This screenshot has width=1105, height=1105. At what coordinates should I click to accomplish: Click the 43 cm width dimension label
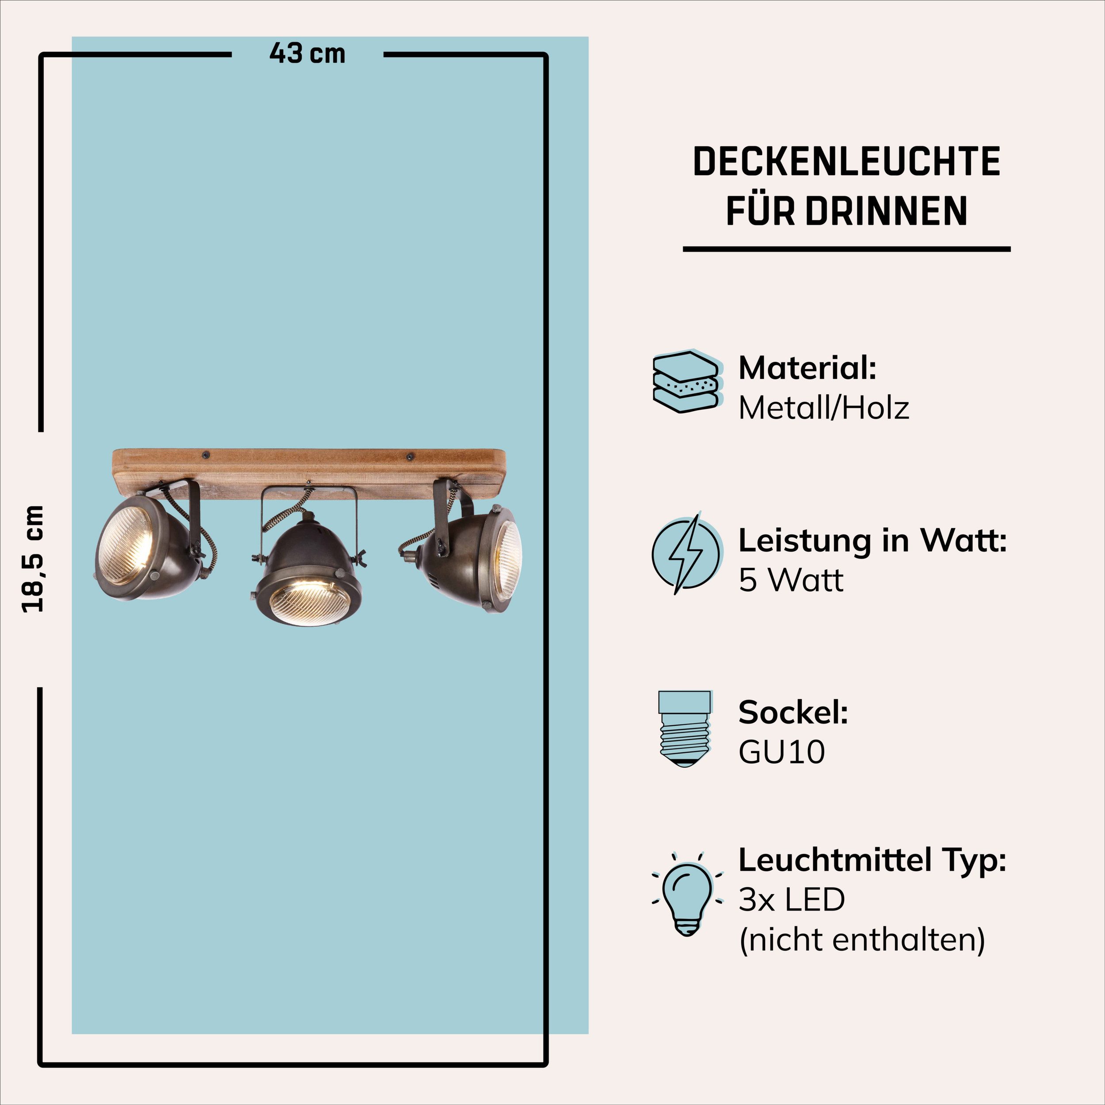click(x=307, y=54)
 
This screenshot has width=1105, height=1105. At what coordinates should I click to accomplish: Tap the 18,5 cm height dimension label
click(x=33, y=559)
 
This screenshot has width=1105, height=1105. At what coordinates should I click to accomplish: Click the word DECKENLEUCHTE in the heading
click(x=846, y=161)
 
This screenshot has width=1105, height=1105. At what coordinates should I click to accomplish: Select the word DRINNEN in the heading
click(x=886, y=211)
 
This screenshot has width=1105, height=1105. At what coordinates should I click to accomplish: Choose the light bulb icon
click(x=687, y=897)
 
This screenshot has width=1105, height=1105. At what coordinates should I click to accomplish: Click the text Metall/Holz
click(x=823, y=408)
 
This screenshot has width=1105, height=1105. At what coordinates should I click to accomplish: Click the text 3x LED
click(x=792, y=899)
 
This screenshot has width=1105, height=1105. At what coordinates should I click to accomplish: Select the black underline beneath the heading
click(x=846, y=249)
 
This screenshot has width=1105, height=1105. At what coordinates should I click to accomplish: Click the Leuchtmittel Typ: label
click(x=872, y=861)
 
